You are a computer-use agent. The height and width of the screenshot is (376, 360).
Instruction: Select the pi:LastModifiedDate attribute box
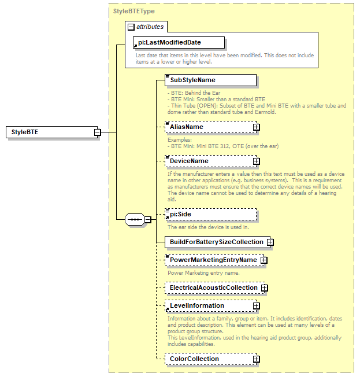(178, 42)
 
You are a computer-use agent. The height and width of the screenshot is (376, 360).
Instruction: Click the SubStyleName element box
(210, 80)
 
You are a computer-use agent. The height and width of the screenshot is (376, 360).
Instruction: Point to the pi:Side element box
(210, 214)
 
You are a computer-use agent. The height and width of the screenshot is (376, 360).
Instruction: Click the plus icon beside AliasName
(256, 127)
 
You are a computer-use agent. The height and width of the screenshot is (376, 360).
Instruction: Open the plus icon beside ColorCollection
(256, 359)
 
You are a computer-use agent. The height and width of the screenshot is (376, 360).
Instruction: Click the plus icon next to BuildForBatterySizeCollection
(270, 242)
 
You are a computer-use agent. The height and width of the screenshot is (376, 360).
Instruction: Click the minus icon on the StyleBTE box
(98, 132)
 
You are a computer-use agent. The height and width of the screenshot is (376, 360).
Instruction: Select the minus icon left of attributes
(131, 27)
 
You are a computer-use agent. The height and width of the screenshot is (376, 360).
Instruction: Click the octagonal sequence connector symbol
(135, 219)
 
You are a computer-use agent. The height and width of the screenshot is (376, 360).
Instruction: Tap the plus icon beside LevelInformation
(256, 305)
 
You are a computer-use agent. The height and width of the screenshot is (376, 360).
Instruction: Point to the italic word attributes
(150, 27)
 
